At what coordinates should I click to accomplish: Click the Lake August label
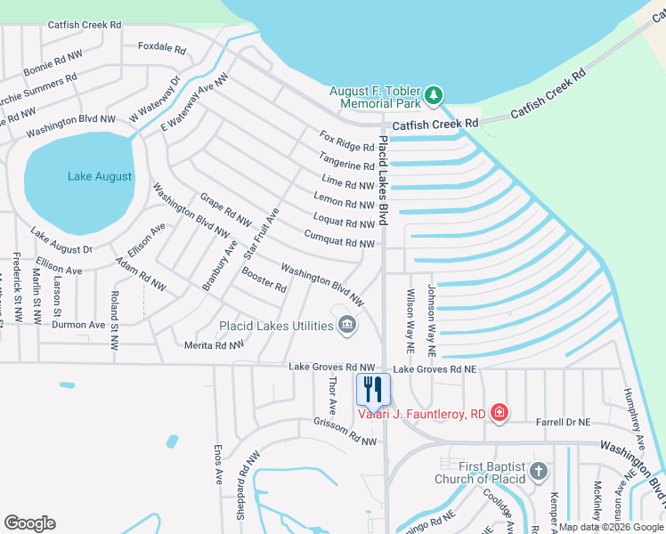click(100, 176)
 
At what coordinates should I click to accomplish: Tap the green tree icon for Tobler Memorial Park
click(434, 93)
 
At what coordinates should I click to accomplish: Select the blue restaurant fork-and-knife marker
click(373, 389)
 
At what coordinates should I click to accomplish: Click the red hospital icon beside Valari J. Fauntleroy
click(499, 412)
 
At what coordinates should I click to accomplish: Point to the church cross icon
click(538, 472)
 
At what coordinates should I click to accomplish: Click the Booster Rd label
click(264, 281)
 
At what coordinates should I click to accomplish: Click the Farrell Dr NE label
click(560, 423)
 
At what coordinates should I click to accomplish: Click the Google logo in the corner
click(29, 523)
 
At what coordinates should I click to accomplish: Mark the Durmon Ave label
click(78, 325)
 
